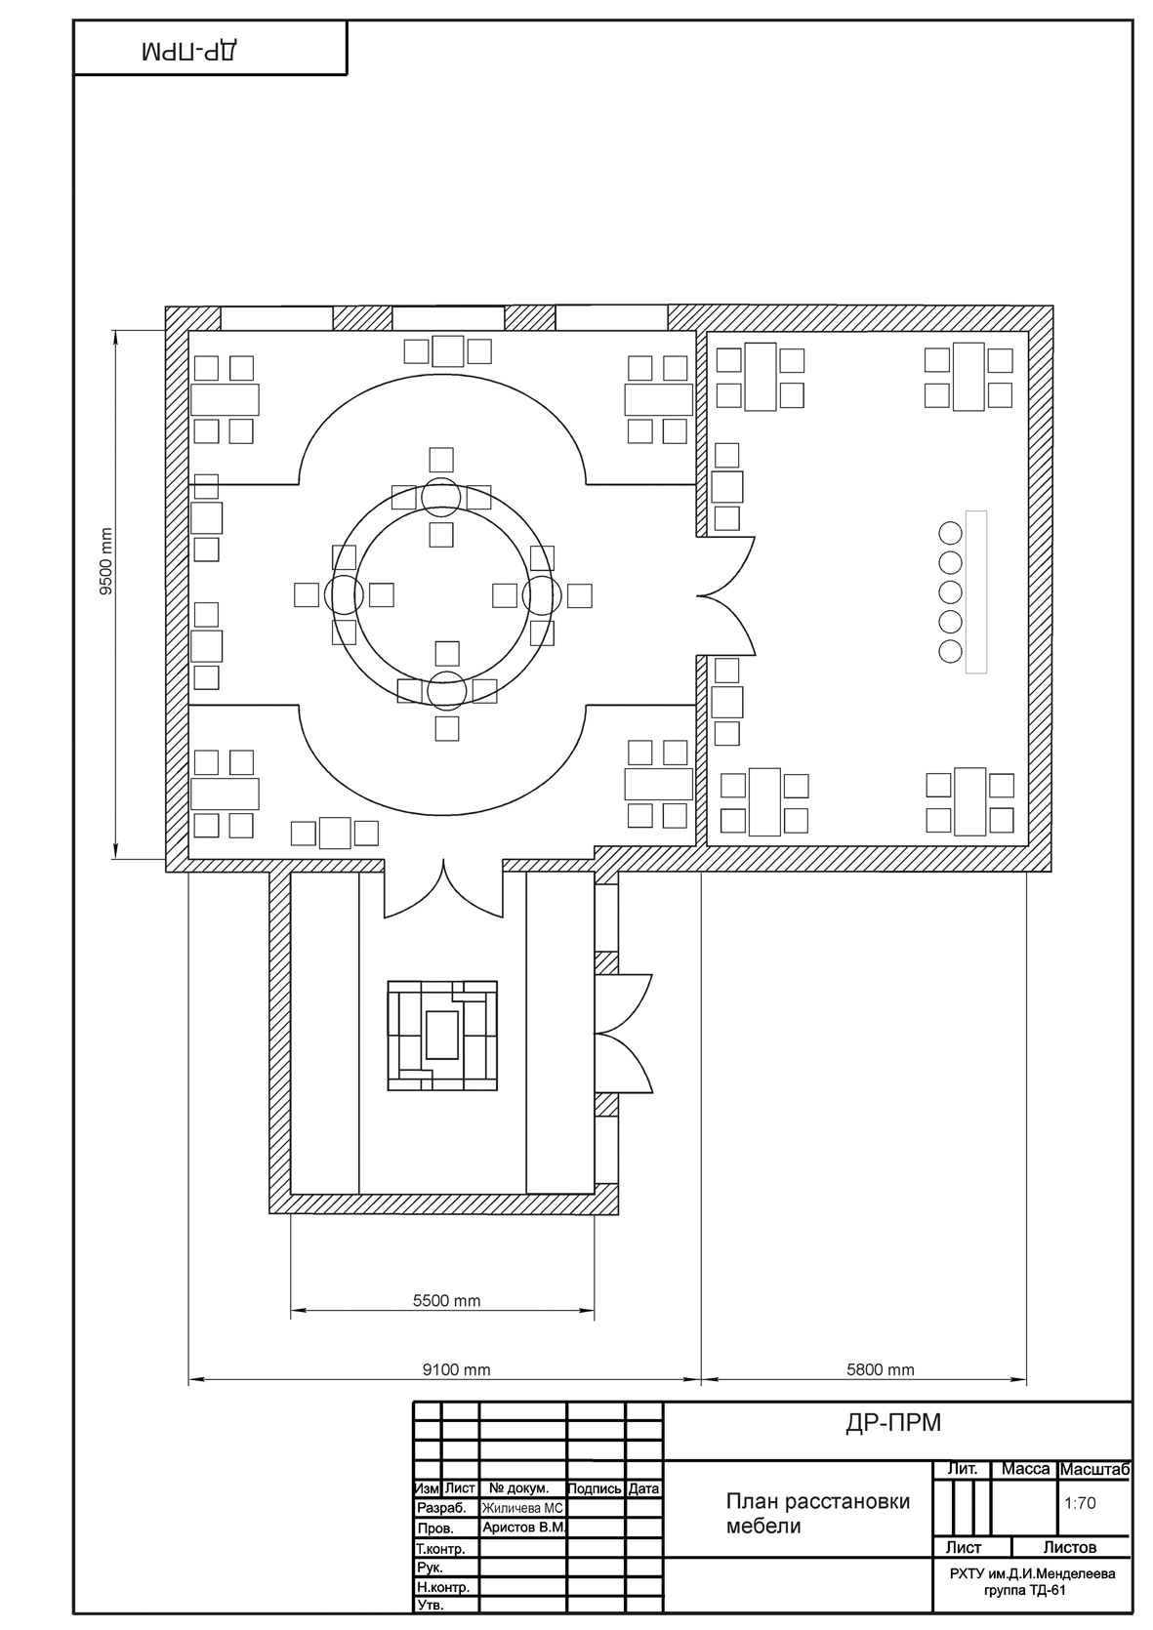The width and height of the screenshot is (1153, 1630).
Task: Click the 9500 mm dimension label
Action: tap(106, 562)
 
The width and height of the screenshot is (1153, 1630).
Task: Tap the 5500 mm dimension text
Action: tap(446, 1300)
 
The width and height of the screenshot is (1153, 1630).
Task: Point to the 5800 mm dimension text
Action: tap(880, 1369)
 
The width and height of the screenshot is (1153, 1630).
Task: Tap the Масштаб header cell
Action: tap(1094, 1469)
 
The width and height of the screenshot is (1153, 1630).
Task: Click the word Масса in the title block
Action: tap(1026, 1468)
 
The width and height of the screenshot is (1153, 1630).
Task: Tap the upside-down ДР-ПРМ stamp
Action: tap(191, 52)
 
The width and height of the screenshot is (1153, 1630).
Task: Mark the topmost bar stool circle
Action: tap(950, 533)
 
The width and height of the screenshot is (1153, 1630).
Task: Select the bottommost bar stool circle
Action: tap(950, 652)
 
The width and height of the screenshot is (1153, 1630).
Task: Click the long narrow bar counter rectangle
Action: tap(976, 592)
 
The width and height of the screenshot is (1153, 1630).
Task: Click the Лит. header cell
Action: tap(963, 1468)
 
